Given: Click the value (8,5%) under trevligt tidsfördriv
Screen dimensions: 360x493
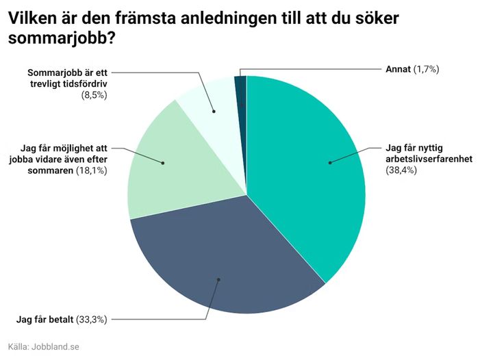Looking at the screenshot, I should pos(95,94).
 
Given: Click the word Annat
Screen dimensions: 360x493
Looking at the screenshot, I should pos(397,69).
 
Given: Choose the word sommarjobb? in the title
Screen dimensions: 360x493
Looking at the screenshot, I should pos(61,39).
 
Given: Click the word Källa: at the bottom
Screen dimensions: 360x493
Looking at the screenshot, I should pos(20,347).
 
